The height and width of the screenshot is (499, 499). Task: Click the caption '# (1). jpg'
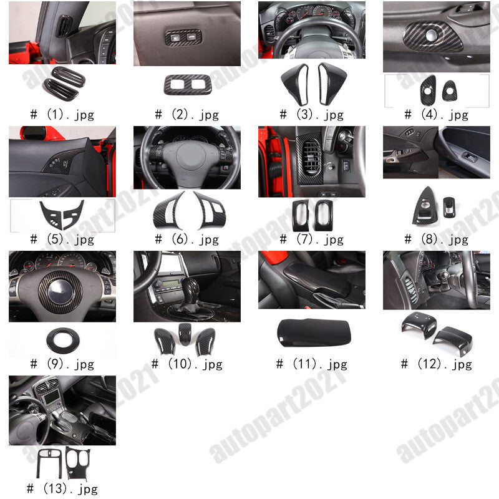pyautogui.click(x=62, y=115)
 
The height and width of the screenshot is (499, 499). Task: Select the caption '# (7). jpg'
pyautogui.click(x=312, y=240)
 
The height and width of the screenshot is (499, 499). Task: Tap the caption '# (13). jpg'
pyautogui.click(x=62, y=488)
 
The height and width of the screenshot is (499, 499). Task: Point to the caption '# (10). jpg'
pyautogui.click(x=187, y=364)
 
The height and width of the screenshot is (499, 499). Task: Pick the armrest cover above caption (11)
pyautogui.click(x=314, y=332)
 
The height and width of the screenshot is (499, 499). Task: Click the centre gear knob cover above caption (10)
pyautogui.click(x=185, y=334)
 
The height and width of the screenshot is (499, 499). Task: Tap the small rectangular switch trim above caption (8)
pyautogui.click(x=449, y=208)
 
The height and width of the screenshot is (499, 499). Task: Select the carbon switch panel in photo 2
pyautogui.click(x=183, y=37)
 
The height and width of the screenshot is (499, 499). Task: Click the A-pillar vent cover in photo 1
pyautogui.click(x=65, y=26)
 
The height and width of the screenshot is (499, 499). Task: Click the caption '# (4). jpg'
pyautogui.click(x=437, y=115)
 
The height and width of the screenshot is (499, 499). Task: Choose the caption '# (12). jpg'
pyautogui.click(x=437, y=364)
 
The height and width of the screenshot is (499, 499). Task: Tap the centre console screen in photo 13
pyautogui.click(x=52, y=397)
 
